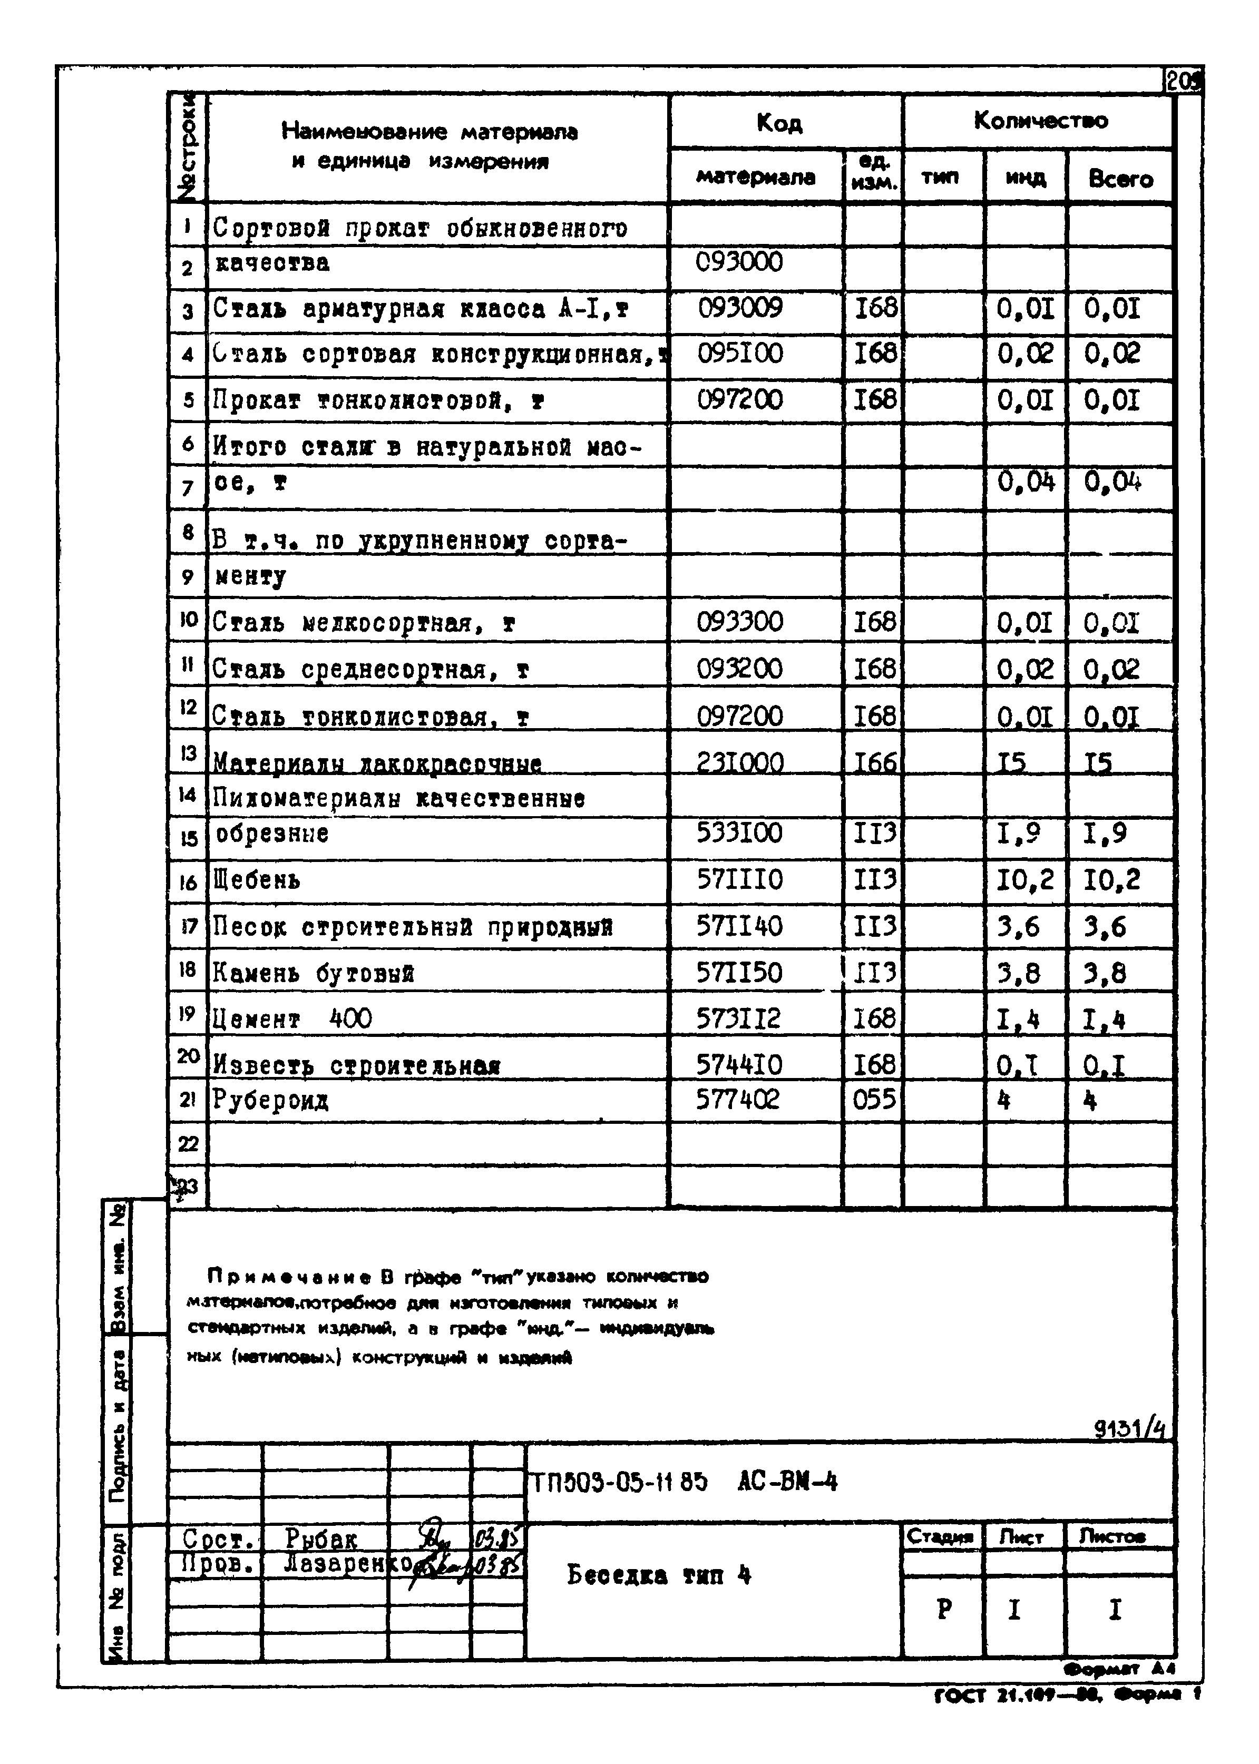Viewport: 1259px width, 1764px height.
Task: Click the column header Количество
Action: pos(1040,121)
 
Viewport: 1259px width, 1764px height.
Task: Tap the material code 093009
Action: pos(740,308)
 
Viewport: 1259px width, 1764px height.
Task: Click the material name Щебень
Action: pos(257,880)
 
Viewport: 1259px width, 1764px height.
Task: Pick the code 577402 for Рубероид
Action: pos(737,1099)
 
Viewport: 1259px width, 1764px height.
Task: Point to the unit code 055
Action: pos(874,1099)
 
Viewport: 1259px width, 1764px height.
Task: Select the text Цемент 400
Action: pos(292,1018)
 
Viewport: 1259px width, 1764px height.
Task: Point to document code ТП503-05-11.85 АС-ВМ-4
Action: pos(683,1482)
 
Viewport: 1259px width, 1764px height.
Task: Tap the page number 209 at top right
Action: pos(1182,81)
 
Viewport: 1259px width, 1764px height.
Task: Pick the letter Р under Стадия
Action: pos(943,1610)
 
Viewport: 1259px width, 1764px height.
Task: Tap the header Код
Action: pos(779,122)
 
